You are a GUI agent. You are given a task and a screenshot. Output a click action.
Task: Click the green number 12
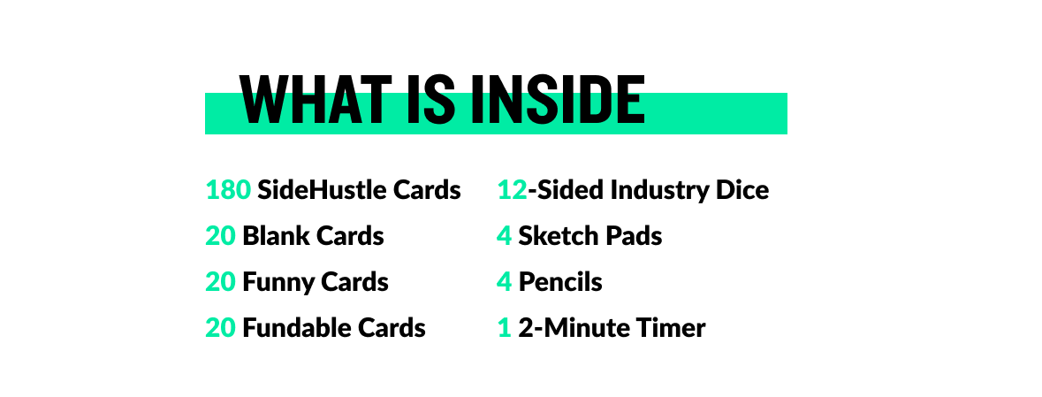pyautogui.click(x=512, y=190)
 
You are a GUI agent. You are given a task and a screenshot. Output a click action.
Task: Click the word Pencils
pyautogui.click(x=560, y=282)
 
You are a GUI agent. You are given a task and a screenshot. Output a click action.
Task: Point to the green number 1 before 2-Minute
pyautogui.click(x=505, y=328)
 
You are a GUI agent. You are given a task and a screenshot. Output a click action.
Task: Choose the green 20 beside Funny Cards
pyautogui.click(x=220, y=282)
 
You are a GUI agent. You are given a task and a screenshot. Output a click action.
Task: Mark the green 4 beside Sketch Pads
pyautogui.click(x=505, y=236)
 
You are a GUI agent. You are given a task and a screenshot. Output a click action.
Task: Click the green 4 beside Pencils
pyautogui.click(x=505, y=282)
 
